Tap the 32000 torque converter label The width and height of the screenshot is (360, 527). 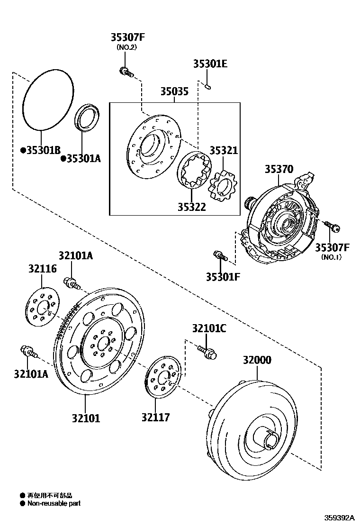pyautogui.click(x=257, y=360)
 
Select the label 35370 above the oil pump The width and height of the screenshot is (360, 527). pyautogui.click(x=279, y=169)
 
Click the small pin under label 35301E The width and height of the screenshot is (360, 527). pyautogui.click(x=208, y=86)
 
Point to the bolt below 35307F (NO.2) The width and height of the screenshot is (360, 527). pyautogui.click(x=126, y=72)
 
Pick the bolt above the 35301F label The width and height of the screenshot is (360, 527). pyautogui.click(x=218, y=255)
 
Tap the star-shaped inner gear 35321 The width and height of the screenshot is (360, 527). pyautogui.click(x=222, y=186)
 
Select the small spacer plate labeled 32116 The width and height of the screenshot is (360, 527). pyautogui.click(x=42, y=307)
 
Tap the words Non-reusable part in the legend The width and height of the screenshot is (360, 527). pyautogui.click(x=54, y=503)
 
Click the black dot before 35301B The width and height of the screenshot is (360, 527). pyautogui.click(x=23, y=150)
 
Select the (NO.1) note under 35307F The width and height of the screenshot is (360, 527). pyautogui.click(x=332, y=257)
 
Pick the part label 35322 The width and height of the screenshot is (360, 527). pyautogui.click(x=192, y=207)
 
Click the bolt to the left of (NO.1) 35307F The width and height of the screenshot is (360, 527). pyautogui.click(x=332, y=226)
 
